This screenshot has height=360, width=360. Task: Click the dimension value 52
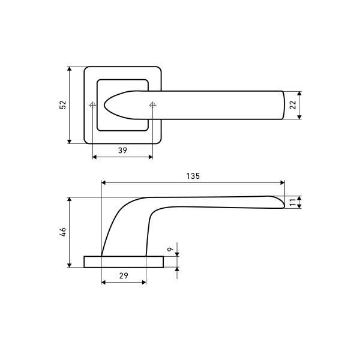[62, 105]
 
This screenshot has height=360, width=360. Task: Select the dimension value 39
[122, 151]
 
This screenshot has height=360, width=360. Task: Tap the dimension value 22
[293, 105]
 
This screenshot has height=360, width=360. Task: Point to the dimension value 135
[193, 176]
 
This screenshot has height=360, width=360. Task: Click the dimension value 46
[62, 232]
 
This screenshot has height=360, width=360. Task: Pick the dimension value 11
[293, 202]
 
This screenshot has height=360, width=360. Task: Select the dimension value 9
[170, 250]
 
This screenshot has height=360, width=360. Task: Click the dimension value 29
[124, 276]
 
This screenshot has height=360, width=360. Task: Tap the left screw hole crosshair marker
[92, 105]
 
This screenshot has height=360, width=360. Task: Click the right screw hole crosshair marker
[152, 105]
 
